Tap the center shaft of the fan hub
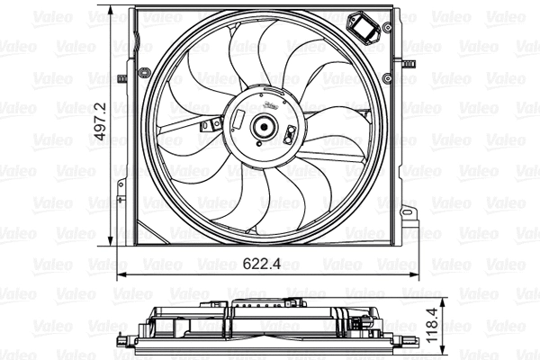point(265,128)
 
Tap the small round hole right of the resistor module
point(387,29)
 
